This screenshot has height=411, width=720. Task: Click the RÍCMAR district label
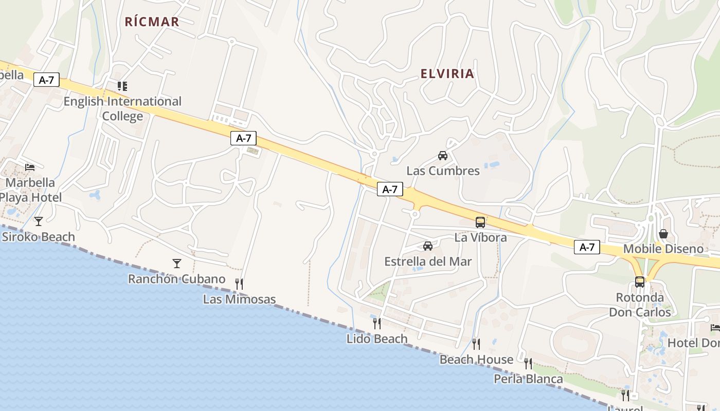(152, 22)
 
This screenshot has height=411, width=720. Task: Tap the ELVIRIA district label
(447, 73)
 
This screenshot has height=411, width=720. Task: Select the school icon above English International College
(122, 86)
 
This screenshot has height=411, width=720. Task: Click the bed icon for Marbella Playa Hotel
(30, 167)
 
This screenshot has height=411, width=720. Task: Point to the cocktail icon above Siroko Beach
(39, 221)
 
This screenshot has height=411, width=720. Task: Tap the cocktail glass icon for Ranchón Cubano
(177, 264)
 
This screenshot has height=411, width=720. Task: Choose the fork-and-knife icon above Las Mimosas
(239, 284)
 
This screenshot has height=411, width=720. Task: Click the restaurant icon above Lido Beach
(377, 323)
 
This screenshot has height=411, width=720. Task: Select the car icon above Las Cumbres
(443, 156)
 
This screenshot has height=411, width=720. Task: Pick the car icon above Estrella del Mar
(428, 246)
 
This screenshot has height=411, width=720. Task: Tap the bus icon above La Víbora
(480, 222)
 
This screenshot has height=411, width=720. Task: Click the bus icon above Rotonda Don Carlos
(640, 282)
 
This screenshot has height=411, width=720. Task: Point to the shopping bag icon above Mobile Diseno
(663, 234)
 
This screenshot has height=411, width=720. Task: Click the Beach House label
(476, 360)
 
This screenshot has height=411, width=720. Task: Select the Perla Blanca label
(528, 379)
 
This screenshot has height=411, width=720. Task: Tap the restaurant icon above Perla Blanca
(528, 364)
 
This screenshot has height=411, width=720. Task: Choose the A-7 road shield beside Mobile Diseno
(587, 247)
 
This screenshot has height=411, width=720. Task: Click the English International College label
(122, 108)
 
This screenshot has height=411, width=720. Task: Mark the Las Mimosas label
(239, 299)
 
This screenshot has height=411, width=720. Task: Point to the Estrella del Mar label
(428, 261)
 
